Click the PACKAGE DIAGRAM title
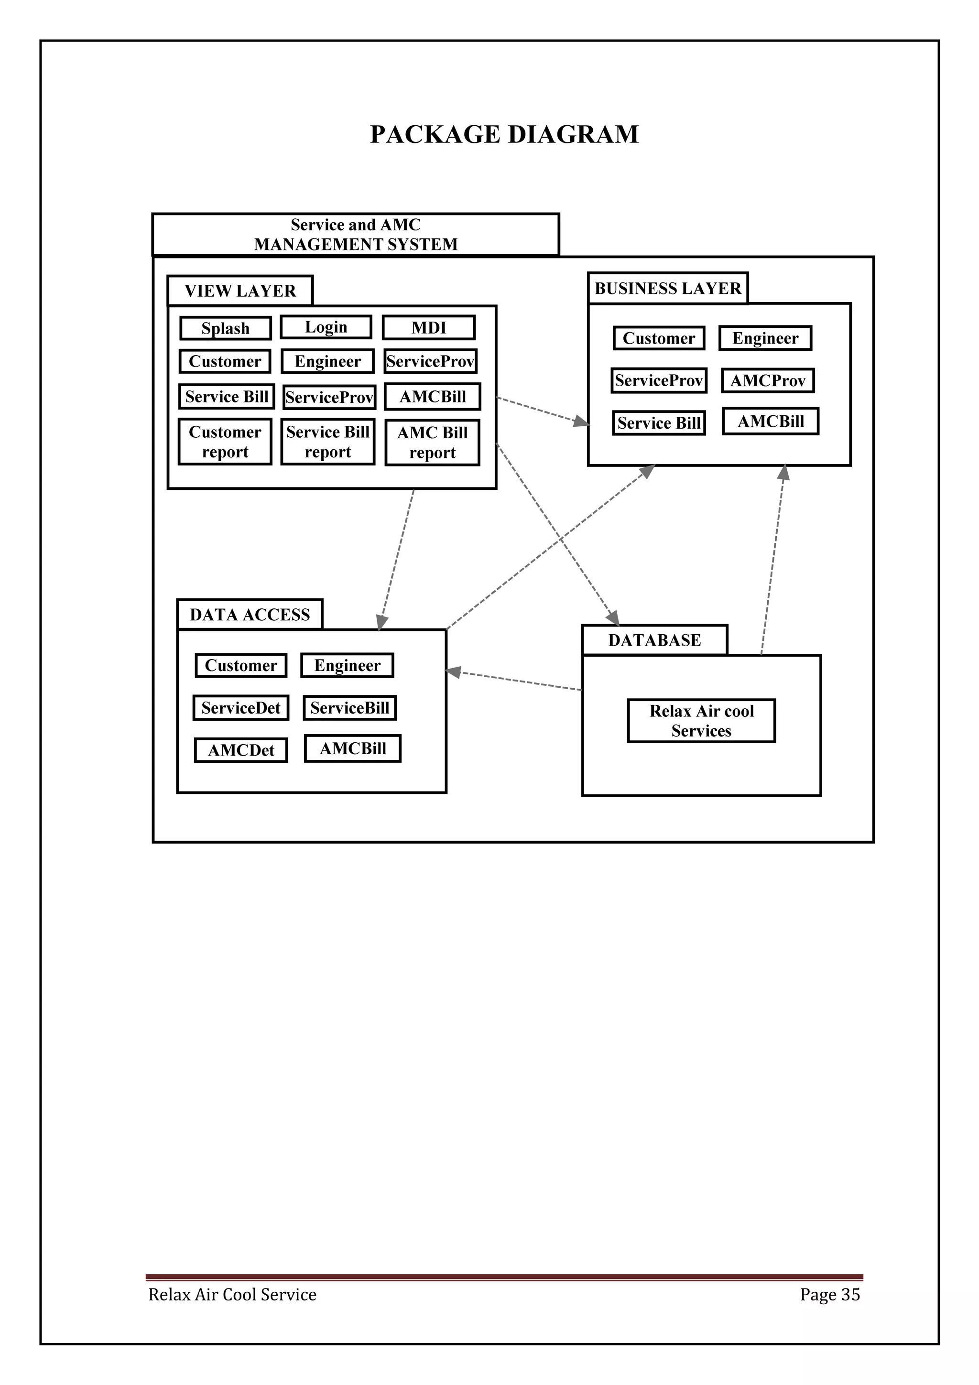tap(504, 134)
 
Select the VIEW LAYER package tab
tap(240, 291)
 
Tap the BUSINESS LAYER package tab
tap(668, 288)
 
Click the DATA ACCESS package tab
tap(250, 615)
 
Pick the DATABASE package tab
tap(654, 640)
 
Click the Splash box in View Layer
tap(226, 328)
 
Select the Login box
tap(326, 327)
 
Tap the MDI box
tap(429, 327)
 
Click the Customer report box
tap(225, 442)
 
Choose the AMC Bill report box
tap(433, 443)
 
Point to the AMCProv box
tap(768, 380)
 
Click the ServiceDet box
tap(240, 708)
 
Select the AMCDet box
tap(240, 750)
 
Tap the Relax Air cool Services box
tap(702, 721)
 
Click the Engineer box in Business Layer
tap(765, 338)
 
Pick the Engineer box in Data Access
tap(348, 665)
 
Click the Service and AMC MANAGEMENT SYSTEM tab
tap(355, 234)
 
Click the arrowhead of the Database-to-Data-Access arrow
tap(453, 671)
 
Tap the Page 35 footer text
tap(830, 1295)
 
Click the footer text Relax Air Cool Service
tap(232, 1295)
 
